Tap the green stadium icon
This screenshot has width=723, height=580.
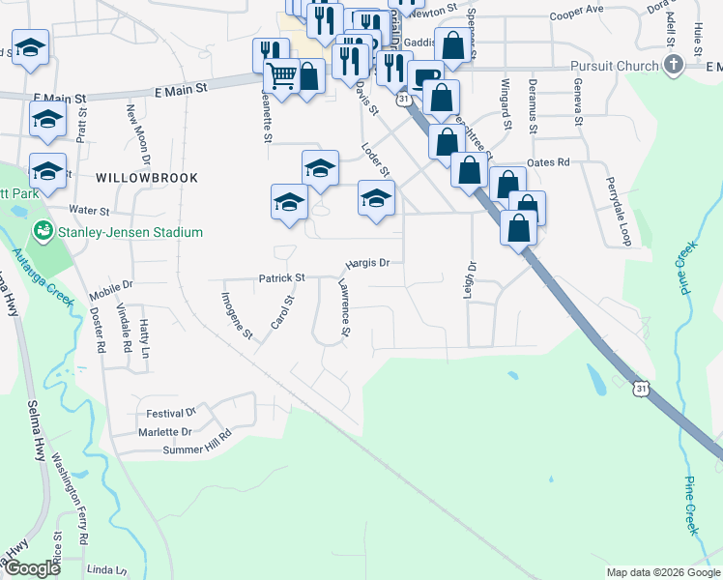point(42,231)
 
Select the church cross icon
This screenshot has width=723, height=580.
point(674,66)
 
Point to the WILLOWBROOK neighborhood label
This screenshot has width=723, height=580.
point(147,178)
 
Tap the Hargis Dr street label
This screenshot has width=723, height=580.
point(367,262)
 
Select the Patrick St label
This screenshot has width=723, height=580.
point(281,278)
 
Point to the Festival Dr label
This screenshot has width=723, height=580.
point(171,413)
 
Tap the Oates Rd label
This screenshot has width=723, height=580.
point(548,162)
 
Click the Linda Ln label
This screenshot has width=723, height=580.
point(106,569)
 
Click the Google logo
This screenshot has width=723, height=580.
point(33,568)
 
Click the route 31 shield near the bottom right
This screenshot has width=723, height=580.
point(641,389)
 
